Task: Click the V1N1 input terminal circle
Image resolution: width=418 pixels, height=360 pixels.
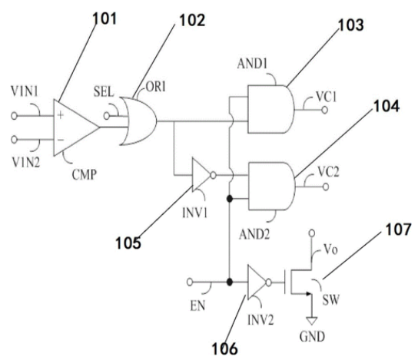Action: [x=14, y=116]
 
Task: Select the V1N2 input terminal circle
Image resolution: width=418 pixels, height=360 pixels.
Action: [x=14, y=139]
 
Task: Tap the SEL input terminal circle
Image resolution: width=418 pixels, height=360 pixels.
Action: [x=107, y=116]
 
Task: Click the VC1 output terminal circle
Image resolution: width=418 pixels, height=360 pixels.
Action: [x=325, y=110]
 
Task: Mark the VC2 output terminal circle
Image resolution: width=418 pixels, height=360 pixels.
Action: [x=326, y=187]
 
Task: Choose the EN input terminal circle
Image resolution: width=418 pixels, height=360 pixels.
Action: [x=190, y=282]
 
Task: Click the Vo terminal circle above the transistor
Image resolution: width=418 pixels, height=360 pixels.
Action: [x=311, y=233]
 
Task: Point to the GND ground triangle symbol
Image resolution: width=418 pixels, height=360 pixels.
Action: [x=311, y=321]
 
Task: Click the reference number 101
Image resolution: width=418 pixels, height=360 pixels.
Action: [x=104, y=19]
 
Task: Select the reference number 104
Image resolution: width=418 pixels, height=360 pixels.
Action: [x=386, y=106]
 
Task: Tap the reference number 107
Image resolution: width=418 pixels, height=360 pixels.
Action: [x=398, y=230]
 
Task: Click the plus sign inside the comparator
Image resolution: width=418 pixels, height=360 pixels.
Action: [x=61, y=115]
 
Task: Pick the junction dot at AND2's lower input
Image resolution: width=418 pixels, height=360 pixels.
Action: [x=229, y=199]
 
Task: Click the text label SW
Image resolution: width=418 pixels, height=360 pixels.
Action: [x=331, y=300]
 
